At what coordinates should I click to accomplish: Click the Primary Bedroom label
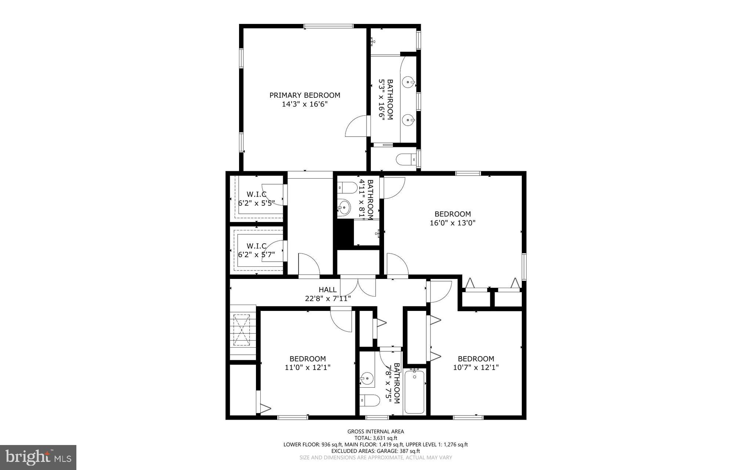pyautogui.click(x=305, y=95)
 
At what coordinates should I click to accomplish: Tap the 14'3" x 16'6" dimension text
pyautogui.click(x=305, y=104)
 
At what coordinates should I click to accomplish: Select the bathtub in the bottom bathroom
pyautogui.click(x=415, y=392)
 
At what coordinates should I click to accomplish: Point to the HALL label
pyautogui.click(x=328, y=290)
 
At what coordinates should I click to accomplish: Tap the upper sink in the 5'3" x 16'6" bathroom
pyautogui.click(x=409, y=82)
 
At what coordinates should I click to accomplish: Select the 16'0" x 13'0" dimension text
pyautogui.click(x=452, y=223)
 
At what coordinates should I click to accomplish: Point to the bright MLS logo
pyautogui.click(x=38, y=457)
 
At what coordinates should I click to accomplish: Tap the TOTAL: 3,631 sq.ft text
pyautogui.click(x=376, y=438)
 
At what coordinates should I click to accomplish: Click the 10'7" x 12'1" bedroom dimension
pyautogui.click(x=476, y=367)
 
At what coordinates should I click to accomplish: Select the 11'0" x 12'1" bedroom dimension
pyautogui.click(x=307, y=367)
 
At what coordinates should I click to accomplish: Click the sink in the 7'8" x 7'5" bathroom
pyautogui.click(x=366, y=378)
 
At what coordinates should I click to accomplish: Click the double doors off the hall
pyautogui.click(x=358, y=286)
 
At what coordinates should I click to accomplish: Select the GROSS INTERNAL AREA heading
pyautogui.click(x=376, y=431)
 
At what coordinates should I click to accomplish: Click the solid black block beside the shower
pyautogui.click(x=343, y=234)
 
